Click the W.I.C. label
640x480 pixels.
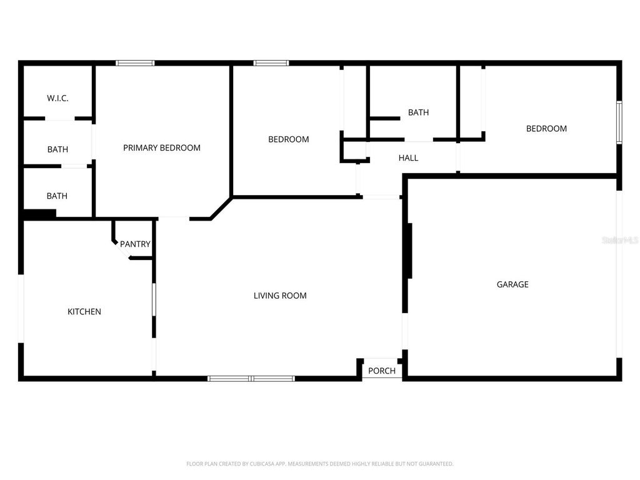point(57,99)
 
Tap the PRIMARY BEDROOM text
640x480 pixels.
point(162,148)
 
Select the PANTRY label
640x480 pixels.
point(135,244)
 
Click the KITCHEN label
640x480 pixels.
point(84,312)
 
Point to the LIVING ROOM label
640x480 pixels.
point(280,296)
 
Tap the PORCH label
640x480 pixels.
point(381,371)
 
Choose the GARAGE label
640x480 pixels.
point(512,284)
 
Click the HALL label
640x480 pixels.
point(408,158)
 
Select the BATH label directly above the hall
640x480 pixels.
point(418,112)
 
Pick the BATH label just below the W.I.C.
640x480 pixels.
point(57,149)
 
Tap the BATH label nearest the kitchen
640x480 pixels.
point(57,196)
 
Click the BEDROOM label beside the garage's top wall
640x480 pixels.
point(546,129)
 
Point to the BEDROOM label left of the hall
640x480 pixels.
point(288,139)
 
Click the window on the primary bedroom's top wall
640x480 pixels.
point(135,63)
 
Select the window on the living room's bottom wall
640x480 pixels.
point(251,378)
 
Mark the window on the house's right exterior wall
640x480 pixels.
point(619,122)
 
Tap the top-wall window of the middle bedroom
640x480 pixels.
point(271,63)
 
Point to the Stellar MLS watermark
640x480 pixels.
point(619,239)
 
